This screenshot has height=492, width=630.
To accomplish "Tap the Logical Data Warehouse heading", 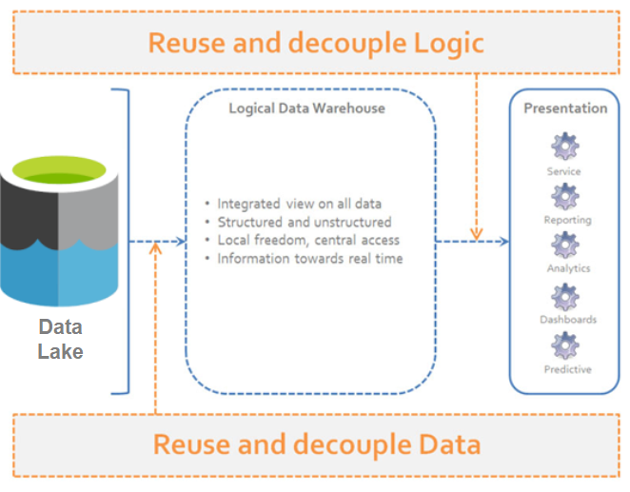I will pos(306,108).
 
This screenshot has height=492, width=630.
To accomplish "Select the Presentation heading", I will pos(565,108).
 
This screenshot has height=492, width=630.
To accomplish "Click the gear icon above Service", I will pos(564,148).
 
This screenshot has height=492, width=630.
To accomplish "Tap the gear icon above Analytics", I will pos(565,245).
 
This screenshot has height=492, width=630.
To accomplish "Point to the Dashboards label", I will pos(567,320).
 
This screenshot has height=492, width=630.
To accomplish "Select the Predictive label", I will pos(567,369).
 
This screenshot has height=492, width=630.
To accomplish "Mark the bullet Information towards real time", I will pos(309,258).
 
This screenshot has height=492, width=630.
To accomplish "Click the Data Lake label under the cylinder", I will pos(60,339).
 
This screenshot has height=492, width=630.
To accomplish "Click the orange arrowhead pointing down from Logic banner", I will pos(476,231).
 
